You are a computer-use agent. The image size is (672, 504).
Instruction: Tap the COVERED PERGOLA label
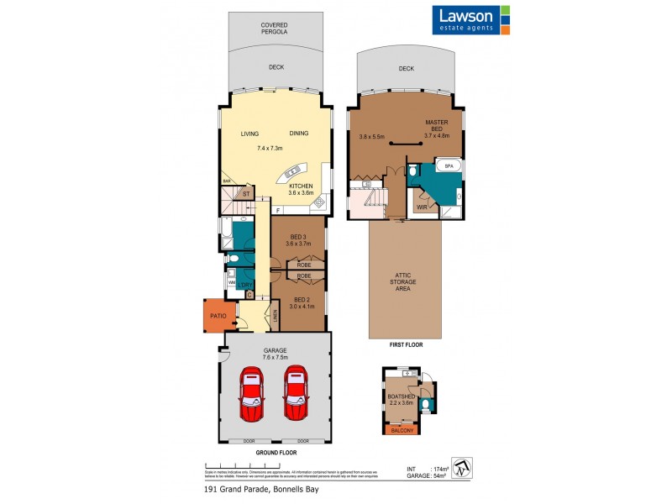pos(275,29)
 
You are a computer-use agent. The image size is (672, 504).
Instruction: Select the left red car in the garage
pos(253,394)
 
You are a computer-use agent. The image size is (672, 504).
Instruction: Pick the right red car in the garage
pos(297,394)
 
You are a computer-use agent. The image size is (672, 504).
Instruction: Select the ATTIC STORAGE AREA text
pos(403,282)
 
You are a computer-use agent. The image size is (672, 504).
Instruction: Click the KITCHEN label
pos(300,186)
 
